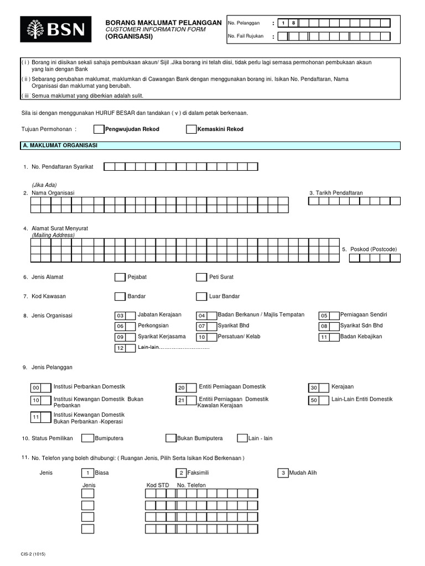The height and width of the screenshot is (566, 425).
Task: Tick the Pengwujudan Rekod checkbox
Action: tap(98, 129)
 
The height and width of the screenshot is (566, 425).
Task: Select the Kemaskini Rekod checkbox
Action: tap(191, 129)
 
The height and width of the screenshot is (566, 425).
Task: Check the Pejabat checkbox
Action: tap(120, 277)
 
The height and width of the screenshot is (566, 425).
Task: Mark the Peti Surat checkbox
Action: tap(201, 277)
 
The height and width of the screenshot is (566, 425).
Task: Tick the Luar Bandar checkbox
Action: tap(201, 296)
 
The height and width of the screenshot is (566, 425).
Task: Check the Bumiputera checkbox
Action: tap(87, 438)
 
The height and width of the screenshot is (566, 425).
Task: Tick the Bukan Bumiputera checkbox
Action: tap(170, 438)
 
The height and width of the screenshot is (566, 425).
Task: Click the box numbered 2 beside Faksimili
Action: tap(182, 473)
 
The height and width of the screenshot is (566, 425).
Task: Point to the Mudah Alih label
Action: tap(303, 473)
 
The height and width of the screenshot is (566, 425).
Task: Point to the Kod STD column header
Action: tap(158, 485)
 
